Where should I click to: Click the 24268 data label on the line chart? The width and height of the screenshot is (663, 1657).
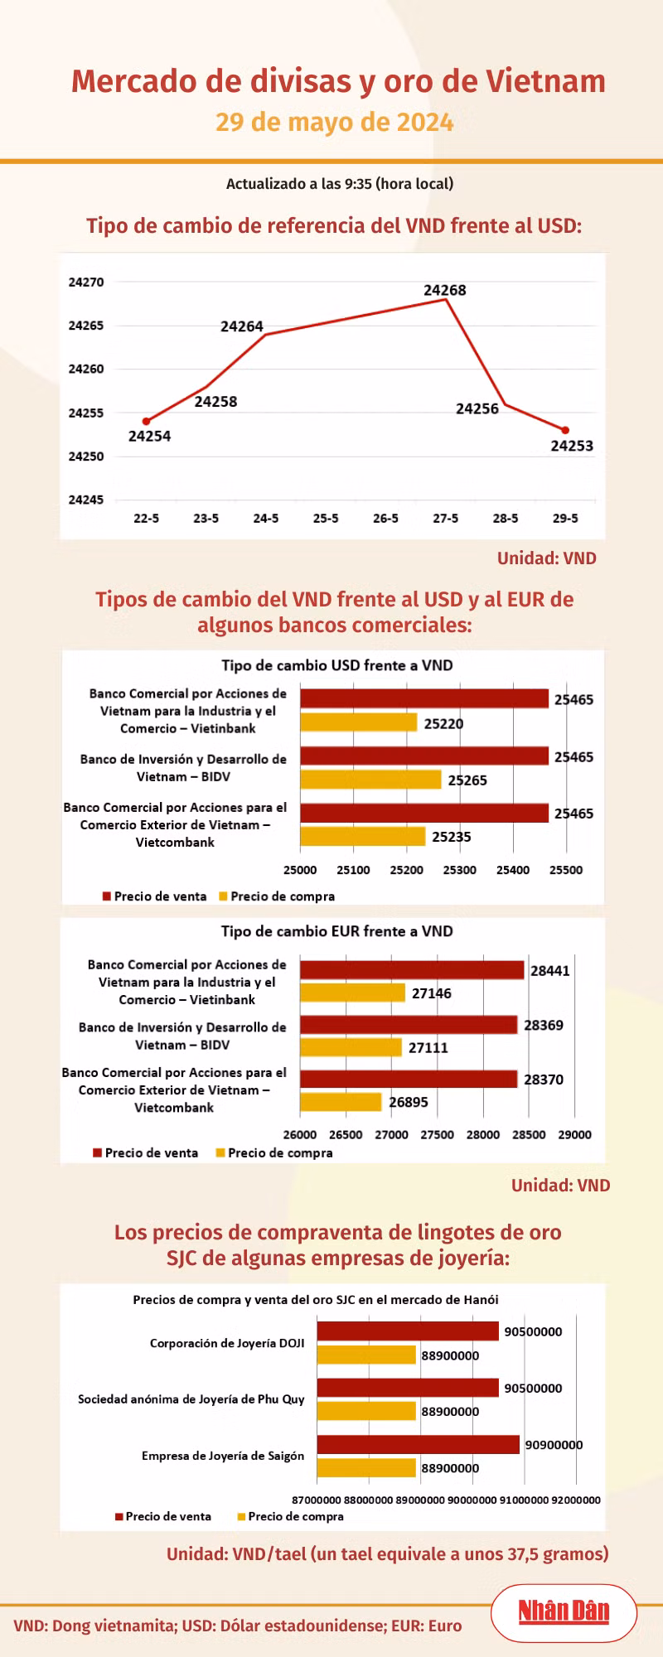pos(445,290)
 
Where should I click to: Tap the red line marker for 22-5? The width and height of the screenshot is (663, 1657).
pos(147,422)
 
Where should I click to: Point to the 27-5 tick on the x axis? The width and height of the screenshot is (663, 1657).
pos(445,519)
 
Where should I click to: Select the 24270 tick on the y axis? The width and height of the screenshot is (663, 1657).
pos(86,283)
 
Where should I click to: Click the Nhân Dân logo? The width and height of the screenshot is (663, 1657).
pos(564,1611)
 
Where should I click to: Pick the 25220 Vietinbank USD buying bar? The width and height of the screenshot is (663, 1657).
pos(359,722)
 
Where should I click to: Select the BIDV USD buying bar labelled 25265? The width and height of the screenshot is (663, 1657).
pos(370,779)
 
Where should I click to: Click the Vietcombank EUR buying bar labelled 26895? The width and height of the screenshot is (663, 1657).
pos(341,1102)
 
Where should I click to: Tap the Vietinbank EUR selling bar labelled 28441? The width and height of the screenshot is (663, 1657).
pos(412,970)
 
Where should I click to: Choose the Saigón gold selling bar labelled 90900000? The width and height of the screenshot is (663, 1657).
pos(419,1444)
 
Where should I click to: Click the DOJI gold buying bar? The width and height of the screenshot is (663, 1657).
pos(366,1355)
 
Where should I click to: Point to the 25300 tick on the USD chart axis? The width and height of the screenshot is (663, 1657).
pos(460,870)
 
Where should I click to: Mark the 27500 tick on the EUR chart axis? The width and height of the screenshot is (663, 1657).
pos(438,1135)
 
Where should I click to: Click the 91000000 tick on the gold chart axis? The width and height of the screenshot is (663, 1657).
pos(524,1500)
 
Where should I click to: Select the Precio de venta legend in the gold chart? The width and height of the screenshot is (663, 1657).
pos(163,1516)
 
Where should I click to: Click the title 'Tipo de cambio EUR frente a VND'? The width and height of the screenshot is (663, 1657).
pos(337,931)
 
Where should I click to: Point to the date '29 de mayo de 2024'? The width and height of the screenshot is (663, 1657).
pos(335,123)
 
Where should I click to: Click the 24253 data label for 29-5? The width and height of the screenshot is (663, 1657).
pos(572,446)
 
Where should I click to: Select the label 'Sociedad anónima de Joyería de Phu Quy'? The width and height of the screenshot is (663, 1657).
pos(191,1399)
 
